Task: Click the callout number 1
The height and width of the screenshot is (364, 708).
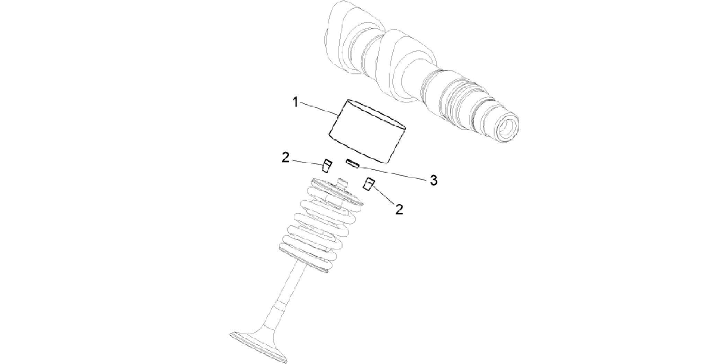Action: [295, 103]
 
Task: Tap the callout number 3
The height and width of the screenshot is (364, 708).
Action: [433, 180]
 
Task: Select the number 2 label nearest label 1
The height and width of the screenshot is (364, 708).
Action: [285, 158]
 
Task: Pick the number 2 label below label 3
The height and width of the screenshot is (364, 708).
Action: [399, 209]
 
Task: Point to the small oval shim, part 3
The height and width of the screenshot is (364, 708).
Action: [352, 163]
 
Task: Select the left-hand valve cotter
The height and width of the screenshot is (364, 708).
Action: [327, 165]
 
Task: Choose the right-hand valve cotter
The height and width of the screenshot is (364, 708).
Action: [369, 184]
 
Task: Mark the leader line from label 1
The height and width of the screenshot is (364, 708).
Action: [320, 109]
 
